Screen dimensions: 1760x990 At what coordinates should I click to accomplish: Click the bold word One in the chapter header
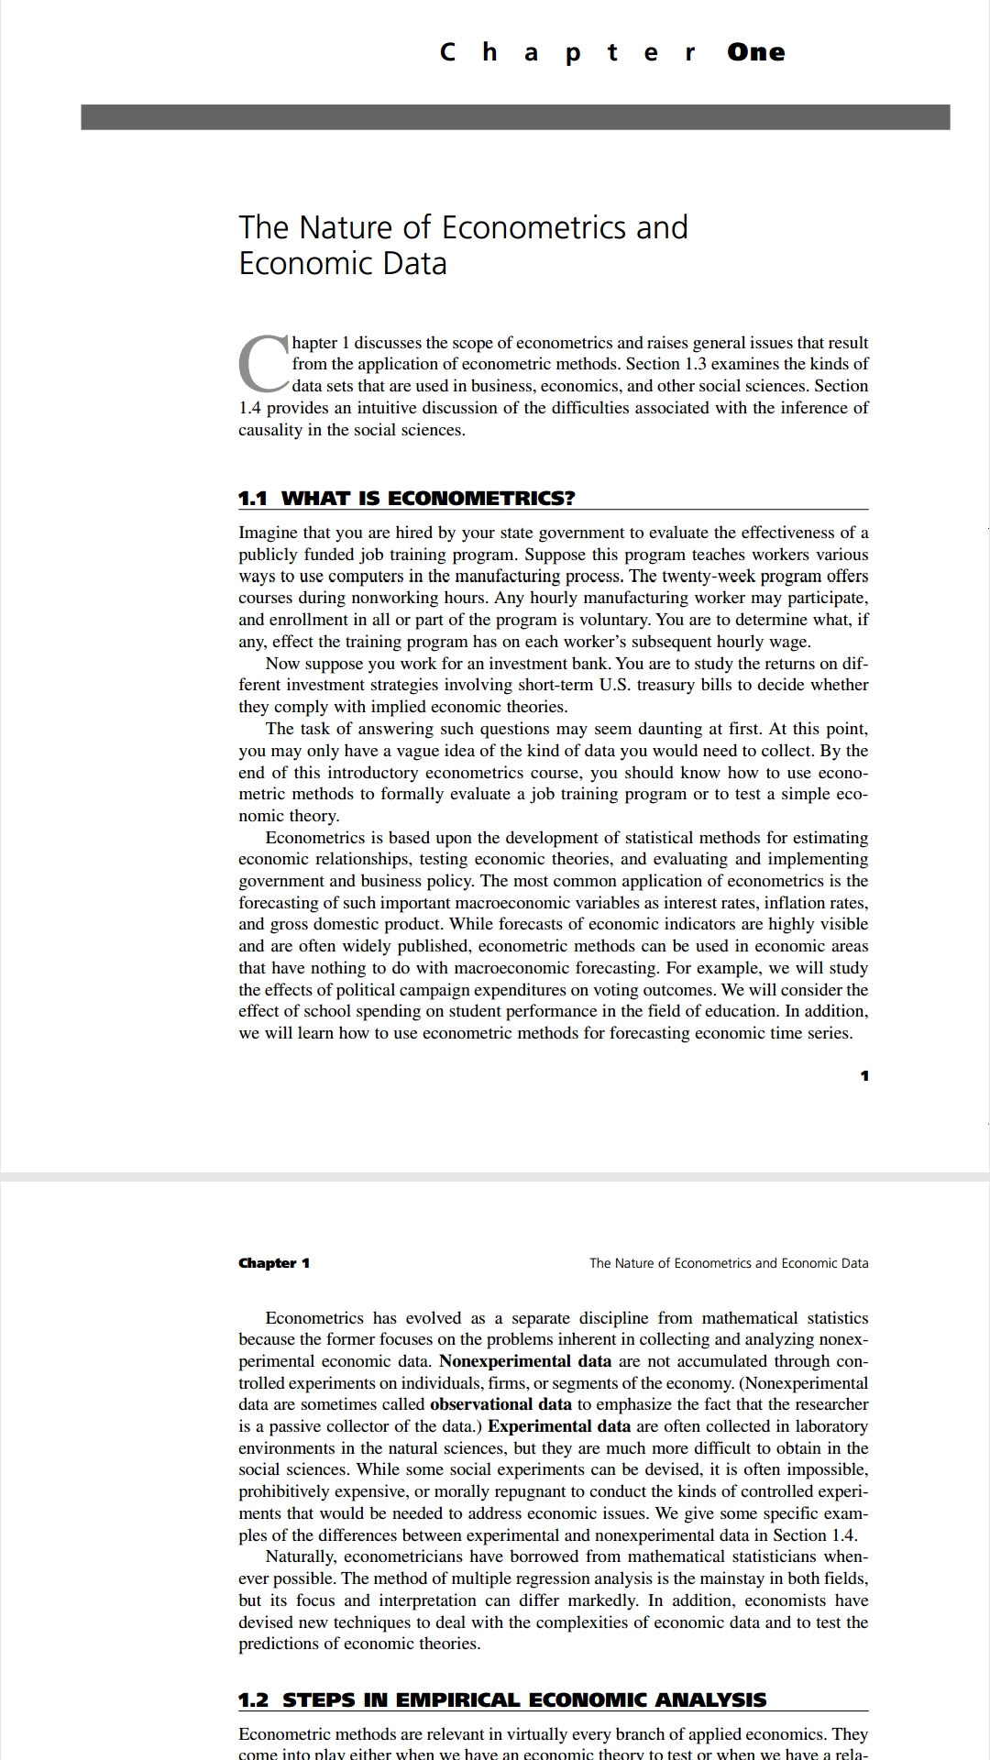pyautogui.click(x=756, y=52)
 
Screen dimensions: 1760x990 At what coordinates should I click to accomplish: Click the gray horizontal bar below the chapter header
pyautogui.click(x=515, y=117)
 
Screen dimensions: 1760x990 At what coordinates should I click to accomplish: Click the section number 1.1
pyautogui.click(x=253, y=499)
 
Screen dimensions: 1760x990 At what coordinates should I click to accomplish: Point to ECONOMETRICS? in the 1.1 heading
pyautogui.click(x=482, y=499)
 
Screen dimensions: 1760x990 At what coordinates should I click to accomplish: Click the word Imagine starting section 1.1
pyautogui.click(x=271, y=533)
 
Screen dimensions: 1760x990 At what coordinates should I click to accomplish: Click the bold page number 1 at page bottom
pyautogui.click(x=864, y=1075)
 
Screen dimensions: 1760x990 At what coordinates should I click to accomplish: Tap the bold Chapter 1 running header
pyautogui.click(x=274, y=1263)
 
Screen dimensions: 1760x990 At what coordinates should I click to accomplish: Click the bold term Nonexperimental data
pyautogui.click(x=525, y=1361)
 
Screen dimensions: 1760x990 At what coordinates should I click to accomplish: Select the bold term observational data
pyautogui.click(x=500, y=1404)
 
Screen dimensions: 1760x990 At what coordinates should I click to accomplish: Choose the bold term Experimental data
pyautogui.click(x=559, y=1426)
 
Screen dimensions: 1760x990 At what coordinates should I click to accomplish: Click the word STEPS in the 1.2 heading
pyautogui.click(x=317, y=1700)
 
